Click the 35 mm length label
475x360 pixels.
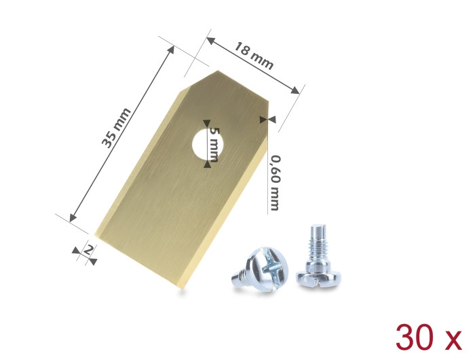point(116,128)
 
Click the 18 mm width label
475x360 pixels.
point(254,56)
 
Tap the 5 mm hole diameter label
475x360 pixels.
point(214,145)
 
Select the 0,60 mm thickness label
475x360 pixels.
point(275,183)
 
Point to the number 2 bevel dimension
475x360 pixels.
point(88,250)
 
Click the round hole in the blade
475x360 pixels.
point(208,144)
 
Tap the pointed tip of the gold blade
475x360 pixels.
point(218,71)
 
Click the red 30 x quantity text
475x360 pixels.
point(429,338)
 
